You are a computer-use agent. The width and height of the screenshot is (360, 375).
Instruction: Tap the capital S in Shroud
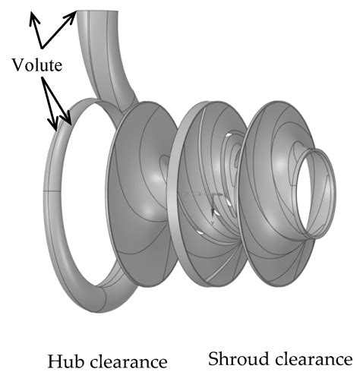tap(213, 358)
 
